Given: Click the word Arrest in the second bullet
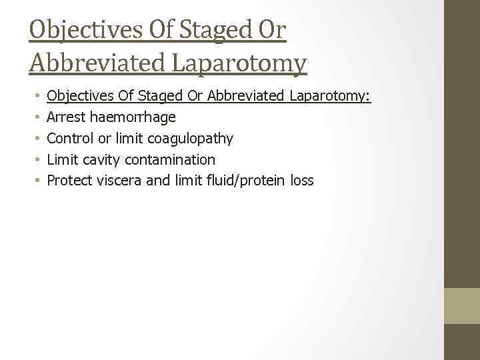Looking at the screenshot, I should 65,117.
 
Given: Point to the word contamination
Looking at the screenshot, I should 169,159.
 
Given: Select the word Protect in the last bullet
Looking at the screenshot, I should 70,180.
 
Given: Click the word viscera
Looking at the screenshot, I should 119,180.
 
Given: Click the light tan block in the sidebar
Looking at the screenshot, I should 462,305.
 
